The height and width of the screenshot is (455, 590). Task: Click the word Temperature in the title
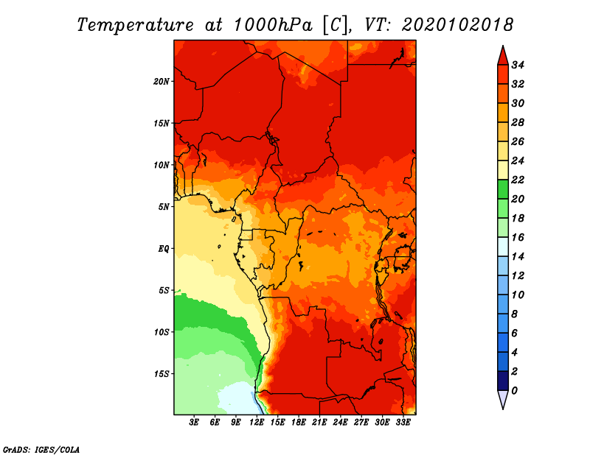pos(136,25)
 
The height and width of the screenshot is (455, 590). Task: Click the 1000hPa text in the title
pos(273,25)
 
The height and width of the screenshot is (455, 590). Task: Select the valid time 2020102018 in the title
pos(457,25)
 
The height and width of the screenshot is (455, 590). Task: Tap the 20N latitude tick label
pos(162,82)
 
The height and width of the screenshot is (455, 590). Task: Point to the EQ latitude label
pos(164,249)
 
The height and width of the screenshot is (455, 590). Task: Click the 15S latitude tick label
pos(162,374)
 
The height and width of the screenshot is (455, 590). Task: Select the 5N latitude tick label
pos(164,207)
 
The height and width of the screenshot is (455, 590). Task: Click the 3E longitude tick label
pos(194,423)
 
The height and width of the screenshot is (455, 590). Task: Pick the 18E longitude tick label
pos(299,423)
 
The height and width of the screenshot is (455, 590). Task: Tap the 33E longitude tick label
pos(403,423)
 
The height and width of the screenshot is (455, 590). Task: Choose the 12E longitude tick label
pos(257,423)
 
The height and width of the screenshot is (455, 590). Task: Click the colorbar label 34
pos(518,65)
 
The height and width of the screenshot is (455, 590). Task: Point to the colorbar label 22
pos(518,180)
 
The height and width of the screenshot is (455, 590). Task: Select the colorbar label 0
pos(514,391)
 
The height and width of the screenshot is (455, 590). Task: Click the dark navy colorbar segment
pos(503,381)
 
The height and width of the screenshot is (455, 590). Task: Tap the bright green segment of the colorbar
pos(503,189)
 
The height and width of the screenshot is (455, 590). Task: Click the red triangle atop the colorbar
pos(503,56)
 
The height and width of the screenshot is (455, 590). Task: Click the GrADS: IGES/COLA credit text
pos(41,450)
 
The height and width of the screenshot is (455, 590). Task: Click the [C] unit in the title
pos(335,26)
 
